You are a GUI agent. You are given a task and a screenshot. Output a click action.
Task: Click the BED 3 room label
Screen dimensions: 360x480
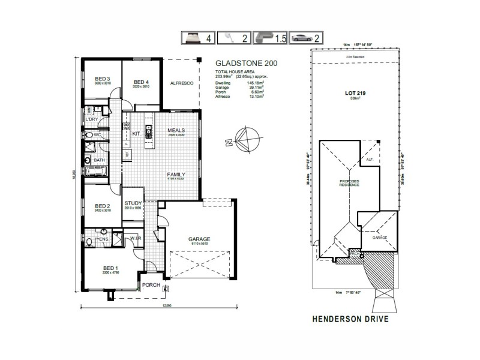[103, 79]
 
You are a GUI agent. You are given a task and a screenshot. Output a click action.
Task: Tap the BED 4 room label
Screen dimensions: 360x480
[141, 82]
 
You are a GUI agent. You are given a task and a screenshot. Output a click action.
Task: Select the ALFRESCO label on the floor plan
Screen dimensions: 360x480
[181, 83]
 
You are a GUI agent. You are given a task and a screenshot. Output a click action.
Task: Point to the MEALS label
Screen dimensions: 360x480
[176, 130]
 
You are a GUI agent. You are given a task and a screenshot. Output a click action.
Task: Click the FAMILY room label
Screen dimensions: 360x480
[175, 175]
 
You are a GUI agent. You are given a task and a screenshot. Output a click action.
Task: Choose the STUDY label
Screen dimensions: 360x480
[133, 203]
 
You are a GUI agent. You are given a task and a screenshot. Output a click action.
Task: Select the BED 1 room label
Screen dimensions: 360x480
[103, 268]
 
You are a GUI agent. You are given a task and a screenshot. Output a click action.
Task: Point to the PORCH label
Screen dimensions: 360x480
[151, 285]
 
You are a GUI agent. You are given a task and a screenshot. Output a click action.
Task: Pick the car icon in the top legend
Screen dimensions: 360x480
[299, 38]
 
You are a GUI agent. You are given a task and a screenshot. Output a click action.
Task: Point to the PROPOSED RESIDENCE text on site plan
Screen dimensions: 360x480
[349, 182]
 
